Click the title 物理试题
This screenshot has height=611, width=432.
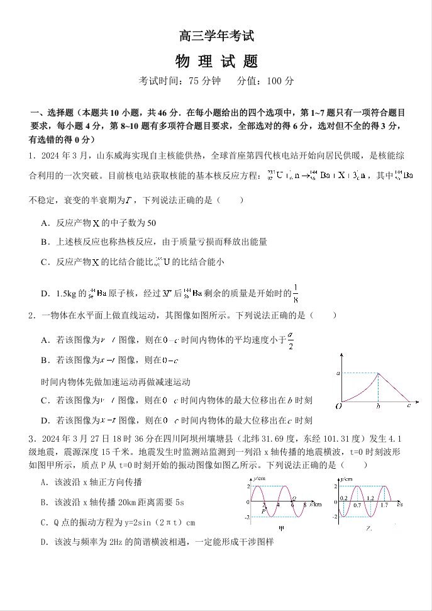[x=216, y=61]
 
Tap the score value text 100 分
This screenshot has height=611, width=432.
[x=280, y=81]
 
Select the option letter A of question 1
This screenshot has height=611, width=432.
[x=44, y=223]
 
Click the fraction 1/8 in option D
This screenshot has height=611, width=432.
[x=296, y=294]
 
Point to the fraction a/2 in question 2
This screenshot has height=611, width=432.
[x=291, y=340]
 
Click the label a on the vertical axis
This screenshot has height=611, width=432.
[x=338, y=374]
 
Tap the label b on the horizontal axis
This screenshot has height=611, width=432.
[x=377, y=406]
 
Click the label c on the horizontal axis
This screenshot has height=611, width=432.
[x=409, y=406]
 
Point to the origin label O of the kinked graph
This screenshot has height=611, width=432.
[x=338, y=406]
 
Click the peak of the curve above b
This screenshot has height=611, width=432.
[x=377, y=374]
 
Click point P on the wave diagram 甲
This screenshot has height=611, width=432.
[x=264, y=511]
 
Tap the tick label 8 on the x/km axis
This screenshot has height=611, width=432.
[x=304, y=505]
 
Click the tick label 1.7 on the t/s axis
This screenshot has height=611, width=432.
[x=384, y=505]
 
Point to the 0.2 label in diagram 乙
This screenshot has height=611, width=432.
[x=343, y=498]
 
